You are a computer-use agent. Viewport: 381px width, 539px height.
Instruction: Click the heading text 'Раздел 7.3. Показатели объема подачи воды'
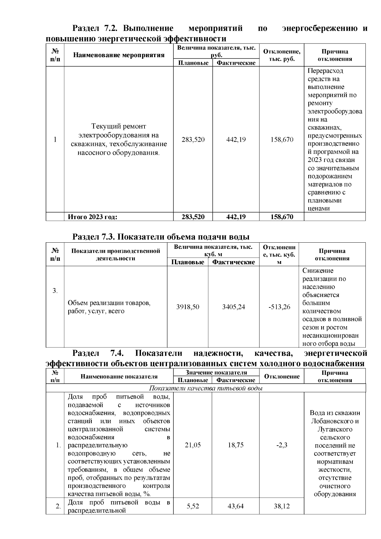(161, 237)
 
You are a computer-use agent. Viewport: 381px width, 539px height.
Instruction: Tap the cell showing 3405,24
(233, 307)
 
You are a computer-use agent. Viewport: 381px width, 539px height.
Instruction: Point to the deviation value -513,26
(279, 307)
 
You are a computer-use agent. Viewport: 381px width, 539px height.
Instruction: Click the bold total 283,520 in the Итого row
(193, 217)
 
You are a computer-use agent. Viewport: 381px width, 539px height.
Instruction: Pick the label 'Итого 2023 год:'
(92, 217)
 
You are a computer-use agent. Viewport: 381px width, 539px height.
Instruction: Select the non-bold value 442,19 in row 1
(236, 139)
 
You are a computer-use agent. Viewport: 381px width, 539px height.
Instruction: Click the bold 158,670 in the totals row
(282, 217)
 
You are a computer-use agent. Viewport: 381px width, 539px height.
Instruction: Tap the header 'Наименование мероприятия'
(119, 55)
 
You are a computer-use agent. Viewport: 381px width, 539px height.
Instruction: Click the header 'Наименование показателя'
(119, 377)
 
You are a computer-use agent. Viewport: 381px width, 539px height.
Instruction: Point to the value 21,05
(193, 445)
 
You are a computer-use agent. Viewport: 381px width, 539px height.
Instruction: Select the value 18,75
(236, 445)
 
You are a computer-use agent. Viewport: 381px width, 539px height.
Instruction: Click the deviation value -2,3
(282, 445)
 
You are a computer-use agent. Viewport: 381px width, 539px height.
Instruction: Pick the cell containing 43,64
(236, 506)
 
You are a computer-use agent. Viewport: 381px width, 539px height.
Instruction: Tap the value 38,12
(282, 506)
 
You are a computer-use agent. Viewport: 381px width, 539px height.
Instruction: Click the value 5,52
(193, 506)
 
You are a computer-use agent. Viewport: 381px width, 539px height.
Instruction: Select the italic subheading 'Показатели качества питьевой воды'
(206, 388)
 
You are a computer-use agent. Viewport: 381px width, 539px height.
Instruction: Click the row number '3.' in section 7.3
(55, 291)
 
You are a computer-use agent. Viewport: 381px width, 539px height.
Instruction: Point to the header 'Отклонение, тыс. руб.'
(282, 55)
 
